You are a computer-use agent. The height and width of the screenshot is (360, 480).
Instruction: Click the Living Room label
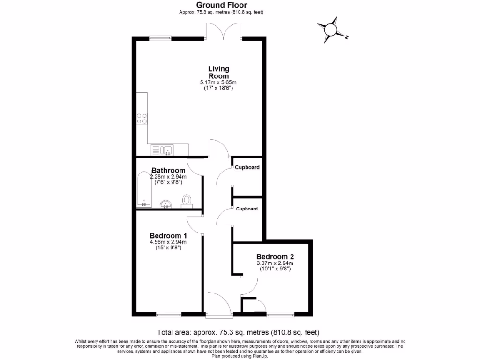pyautogui.click(x=219, y=73)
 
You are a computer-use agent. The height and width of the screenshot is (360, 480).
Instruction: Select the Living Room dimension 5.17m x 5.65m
pyautogui.click(x=218, y=82)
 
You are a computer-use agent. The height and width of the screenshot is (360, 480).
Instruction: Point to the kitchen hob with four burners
pyautogui.click(x=142, y=118)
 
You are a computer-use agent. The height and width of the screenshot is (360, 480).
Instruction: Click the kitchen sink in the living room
pyautogui.click(x=162, y=150)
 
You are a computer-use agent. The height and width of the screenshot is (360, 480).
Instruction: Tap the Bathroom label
pyautogui.click(x=168, y=171)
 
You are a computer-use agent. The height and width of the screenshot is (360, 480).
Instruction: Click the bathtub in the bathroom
pyautogui.click(x=142, y=189)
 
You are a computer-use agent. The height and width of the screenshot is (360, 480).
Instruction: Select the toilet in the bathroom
pyautogui.click(x=187, y=201)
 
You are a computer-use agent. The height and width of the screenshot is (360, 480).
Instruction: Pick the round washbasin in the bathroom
pyautogui.click(x=165, y=204)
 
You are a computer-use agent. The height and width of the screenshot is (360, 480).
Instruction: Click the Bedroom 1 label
pyautogui.click(x=168, y=235)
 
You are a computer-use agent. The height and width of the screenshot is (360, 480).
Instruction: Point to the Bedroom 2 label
pyautogui.click(x=275, y=257)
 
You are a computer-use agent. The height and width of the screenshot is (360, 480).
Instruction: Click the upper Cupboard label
pyautogui.click(x=247, y=167)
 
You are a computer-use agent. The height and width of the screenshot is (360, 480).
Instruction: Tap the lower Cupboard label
pyautogui.click(x=247, y=209)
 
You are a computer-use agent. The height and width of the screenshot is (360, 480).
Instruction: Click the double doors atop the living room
pyautogui.click(x=223, y=34)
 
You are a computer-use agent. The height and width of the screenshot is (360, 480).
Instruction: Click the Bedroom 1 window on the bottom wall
pyautogui.click(x=168, y=314)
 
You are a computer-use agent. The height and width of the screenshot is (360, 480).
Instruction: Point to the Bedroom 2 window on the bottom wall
pyautogui.click(x=280, y=314)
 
